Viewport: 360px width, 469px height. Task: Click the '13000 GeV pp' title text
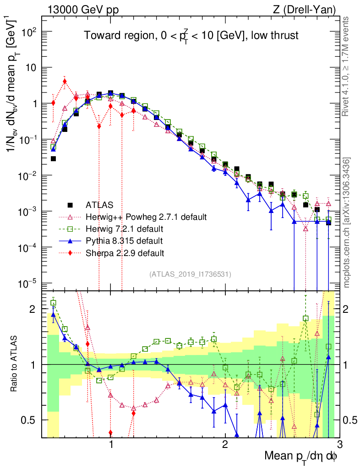[x=82, y=9]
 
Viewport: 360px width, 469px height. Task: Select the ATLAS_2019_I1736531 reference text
[x=190, y=274]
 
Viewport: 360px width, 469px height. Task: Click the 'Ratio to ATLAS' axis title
[x=17, y=364]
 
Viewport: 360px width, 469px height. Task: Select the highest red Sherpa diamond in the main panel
[x=65, y=82]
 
